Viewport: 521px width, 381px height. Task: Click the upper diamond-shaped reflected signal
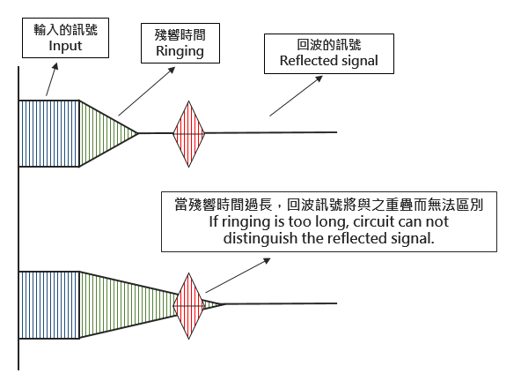[x=188, y=133]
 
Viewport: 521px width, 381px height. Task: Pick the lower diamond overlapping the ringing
[x=187, y=303]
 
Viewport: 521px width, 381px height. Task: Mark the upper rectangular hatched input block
[x=49, y=132]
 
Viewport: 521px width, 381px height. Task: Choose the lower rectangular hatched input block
[x=49, y=303]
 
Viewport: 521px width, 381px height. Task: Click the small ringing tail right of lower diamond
[x=212, y=303]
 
